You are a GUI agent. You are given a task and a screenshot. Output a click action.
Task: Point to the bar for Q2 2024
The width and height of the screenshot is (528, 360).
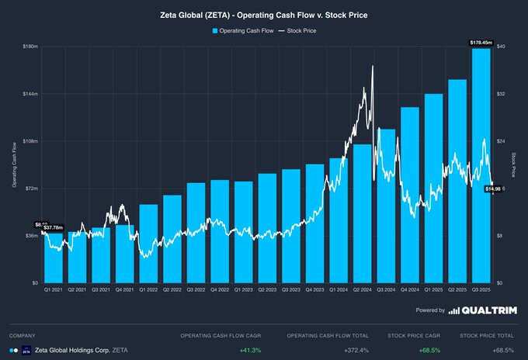tap(363, 213)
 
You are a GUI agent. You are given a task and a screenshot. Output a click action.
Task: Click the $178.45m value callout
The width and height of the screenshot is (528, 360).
tap(481, 42)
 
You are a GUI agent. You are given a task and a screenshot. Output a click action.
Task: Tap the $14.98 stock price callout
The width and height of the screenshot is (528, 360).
tap(492, 189)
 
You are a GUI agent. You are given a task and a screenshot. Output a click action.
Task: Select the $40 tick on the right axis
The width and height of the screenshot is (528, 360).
tap(502, 47)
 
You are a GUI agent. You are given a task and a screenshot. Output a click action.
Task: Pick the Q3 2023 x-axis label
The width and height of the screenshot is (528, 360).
tap(291, 289)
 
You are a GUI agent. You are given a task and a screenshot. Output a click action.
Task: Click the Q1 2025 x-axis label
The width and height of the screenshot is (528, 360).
tap(434, 289)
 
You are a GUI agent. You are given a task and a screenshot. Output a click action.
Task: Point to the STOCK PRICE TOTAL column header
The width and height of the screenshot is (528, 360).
tap(486, 336)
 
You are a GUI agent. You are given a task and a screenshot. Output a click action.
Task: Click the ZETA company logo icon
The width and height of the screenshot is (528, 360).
tap(26, 351)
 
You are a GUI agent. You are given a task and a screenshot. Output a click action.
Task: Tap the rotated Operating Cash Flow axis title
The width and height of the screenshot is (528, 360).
tap(15, 164)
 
